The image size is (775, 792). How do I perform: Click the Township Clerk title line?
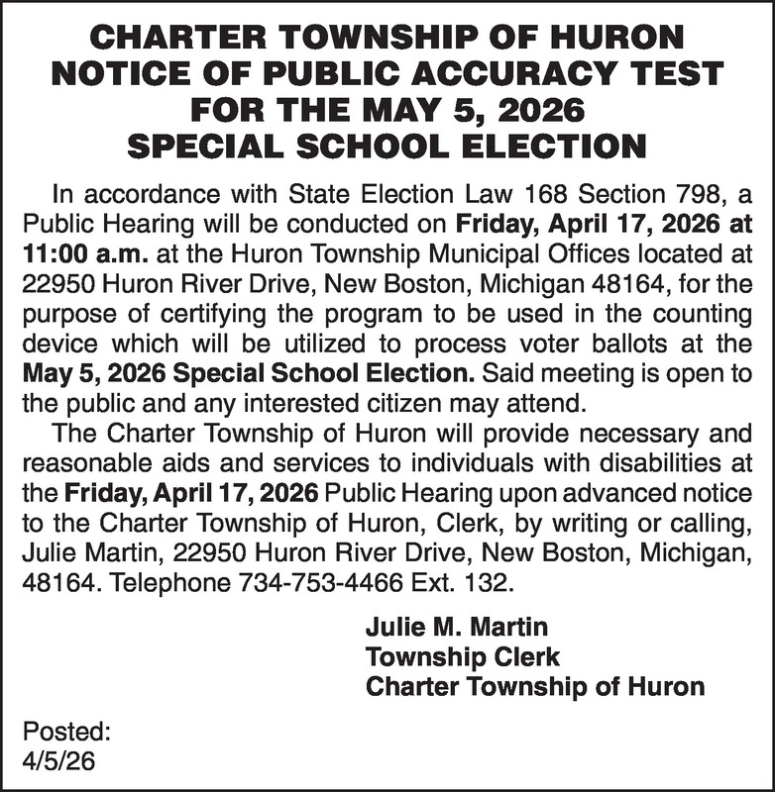(463, 656)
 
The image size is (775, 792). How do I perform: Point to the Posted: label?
(66, 735)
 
